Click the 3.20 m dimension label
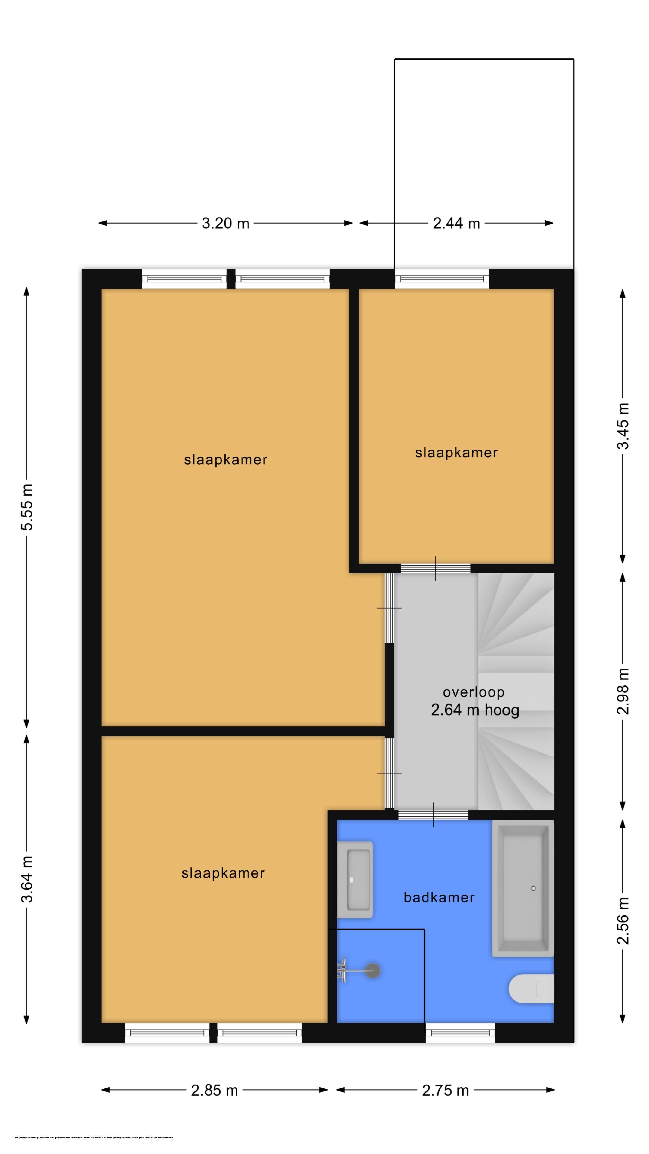pyautogui.click(x=225, y=223)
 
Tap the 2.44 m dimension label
pyautogui.click(x=456, y=223)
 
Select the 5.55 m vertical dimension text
pyautogui.click(x=27, y=507)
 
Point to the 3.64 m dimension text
pyautogui.click(x=27, y=879)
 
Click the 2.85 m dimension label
pyautogui.click(x=214, y=1090)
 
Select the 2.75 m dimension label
pyautogui.click(x=445, y=1090)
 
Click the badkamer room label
pyautogui.click(x=439, y=897)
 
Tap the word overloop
pyautogui.click(x=474, y=692)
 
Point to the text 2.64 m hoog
pyautogui.click(x=475, y=710)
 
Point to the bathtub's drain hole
pyautogui.click(x=533, y=888)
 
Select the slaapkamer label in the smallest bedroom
pyautogui.click(x=456, y=453)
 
